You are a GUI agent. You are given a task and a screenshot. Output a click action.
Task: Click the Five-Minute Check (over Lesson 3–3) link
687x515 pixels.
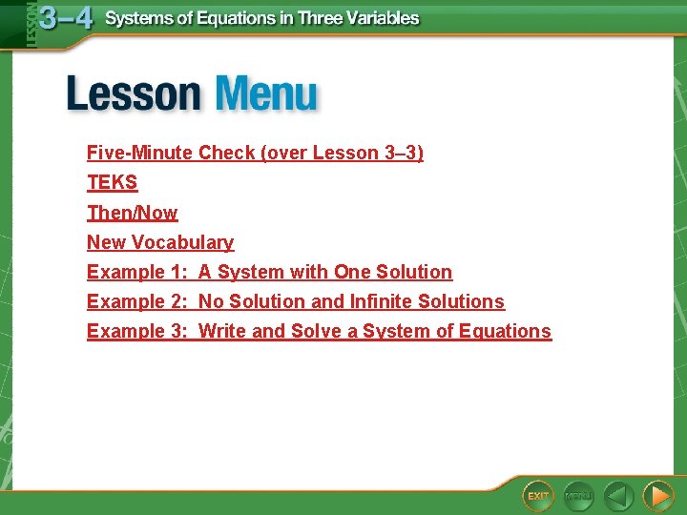pos(255,153)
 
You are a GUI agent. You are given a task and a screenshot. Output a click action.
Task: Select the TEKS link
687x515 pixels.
pos(112,182)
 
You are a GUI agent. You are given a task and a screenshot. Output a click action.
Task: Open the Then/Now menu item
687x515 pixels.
pos(132,213)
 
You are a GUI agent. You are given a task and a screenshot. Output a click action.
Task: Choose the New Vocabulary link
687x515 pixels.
pos(159,242)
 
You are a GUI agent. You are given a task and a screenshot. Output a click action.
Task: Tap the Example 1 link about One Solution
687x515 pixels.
pos(269,272)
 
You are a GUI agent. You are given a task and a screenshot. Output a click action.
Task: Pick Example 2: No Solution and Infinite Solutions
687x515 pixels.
pos(295,301)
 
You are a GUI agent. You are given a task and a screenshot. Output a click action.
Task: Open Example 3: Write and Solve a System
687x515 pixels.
pos(319,331)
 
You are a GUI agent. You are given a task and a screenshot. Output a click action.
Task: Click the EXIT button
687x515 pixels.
pos(538,495)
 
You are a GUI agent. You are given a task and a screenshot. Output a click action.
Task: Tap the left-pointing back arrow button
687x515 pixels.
pos(618,496)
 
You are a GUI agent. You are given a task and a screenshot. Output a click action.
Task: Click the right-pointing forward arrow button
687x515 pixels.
pos(657,496)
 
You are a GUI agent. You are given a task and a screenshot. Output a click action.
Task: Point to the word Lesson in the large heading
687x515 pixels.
pos(134,95)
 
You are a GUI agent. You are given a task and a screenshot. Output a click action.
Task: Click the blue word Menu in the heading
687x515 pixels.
pos(266,95)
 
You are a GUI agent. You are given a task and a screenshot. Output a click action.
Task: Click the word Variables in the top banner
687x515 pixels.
pos(382,18)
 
